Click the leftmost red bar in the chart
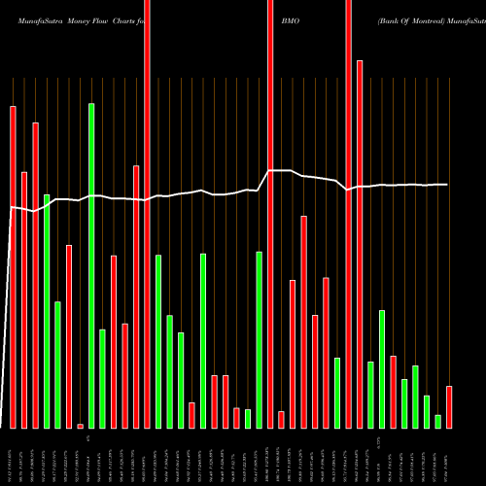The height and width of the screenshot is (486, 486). click(x=13, y=267)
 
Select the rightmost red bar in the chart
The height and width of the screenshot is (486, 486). click(x=449, y=407)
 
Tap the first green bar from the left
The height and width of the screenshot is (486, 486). click(x=47, y=311)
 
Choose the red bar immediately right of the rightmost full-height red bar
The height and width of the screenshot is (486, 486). click(x=360, y=244)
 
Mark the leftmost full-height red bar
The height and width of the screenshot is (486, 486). click(x=147, y=214)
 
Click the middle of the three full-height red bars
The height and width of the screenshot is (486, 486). click(x=270, y=214)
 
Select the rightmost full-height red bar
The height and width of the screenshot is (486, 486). click(x=348, y=214)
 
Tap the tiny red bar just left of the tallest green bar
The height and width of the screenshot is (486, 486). click(x=80, y=426)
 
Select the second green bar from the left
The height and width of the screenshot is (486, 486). click(x=57, y=364)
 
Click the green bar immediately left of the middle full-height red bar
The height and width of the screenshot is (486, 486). click(x=260, y=339)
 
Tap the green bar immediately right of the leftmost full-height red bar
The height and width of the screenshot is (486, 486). click(x=158, y=341)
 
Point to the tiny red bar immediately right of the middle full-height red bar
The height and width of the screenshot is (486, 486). click(x=281, y=419)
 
